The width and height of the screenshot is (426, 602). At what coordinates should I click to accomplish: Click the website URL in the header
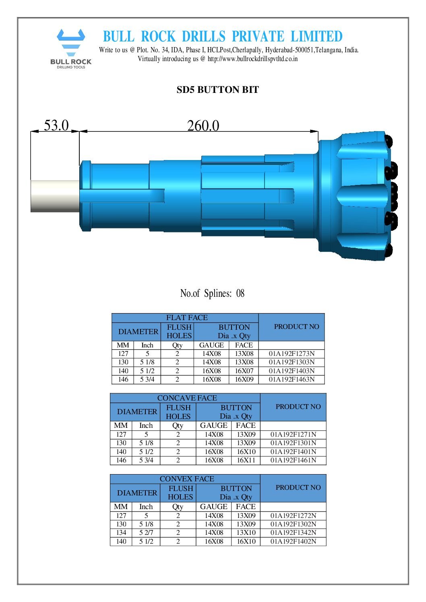(252, 59)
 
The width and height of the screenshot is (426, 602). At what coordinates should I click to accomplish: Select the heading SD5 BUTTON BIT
(217, 90)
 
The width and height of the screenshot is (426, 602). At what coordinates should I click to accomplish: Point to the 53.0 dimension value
(56, 125)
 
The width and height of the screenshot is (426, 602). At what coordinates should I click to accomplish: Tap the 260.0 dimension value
(203, 126)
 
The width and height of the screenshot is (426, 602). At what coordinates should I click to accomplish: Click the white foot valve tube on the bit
(55, 195)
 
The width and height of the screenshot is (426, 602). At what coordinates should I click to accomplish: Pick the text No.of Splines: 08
(212, 294)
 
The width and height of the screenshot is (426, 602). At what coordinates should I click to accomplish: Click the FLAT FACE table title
(187, 318)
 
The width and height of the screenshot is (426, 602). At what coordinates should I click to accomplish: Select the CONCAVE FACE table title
(187, 398)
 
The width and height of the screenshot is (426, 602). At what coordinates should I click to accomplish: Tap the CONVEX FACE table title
(187, 479)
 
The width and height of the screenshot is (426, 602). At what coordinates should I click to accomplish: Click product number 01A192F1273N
(292, 354)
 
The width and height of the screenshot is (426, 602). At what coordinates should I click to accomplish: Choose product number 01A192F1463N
(292, 379)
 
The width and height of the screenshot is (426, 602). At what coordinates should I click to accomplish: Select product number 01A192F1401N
(293, 452)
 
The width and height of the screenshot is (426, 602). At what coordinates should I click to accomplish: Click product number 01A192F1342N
(293, 533)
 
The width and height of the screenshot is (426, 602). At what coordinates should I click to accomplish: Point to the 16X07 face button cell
(244, 371)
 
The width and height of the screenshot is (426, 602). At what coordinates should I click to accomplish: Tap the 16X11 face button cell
(246, 460)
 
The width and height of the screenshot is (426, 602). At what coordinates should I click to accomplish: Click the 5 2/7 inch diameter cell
(146, 533)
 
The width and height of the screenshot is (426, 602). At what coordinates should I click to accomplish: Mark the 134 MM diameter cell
(121, 533)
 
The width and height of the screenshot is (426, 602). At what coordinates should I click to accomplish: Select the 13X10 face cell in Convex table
(246, 533)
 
